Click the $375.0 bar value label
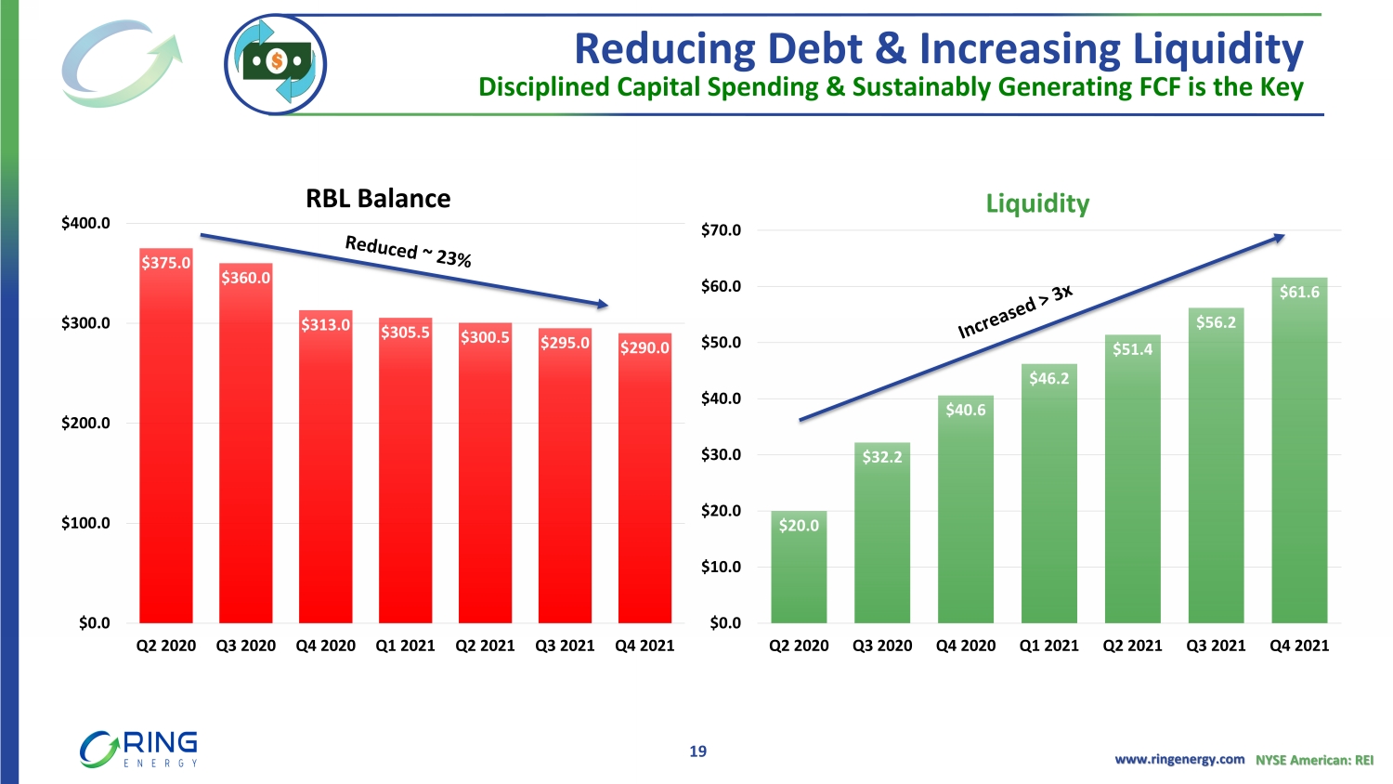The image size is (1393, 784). coord(166,263)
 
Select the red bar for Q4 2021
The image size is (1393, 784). coord(644,483)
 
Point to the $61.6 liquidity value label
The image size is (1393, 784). coord(1299,292)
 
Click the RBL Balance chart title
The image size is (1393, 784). coord(378,199)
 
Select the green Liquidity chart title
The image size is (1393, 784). coord(1037,203)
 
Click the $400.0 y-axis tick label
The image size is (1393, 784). coord(85,223)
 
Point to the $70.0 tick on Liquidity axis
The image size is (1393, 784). coord(721,230)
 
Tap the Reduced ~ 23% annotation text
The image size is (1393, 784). coord(408,251)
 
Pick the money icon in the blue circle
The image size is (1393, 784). coord(276,64)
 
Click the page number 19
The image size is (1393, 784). coord(697,751)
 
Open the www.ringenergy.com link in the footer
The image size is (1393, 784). coord(1179,760)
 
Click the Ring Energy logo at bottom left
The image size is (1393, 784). coord(139,750)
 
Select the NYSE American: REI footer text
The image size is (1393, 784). coord(1314,760)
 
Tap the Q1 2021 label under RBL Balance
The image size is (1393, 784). coord(405,646)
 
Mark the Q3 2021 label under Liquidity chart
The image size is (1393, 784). coord(1216,646)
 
